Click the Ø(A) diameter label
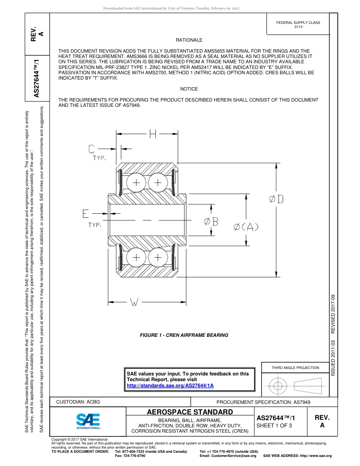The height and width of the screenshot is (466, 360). click(x=246, y=227)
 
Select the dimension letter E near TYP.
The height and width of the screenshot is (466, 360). click(x=86, y=214)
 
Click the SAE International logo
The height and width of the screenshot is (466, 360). click(x=88, y=421)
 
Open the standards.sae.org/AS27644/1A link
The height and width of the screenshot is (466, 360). click(x=170, y=385)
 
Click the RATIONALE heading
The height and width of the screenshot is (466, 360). click(x=189, y=40)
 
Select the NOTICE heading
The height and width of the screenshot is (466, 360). click(x=189, y=89)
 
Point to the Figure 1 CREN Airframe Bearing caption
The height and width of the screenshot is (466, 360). click(x=184, y=335)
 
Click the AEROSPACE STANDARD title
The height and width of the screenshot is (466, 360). click(x=190, y=412)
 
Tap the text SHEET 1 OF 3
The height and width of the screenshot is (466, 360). click(x=274, y=425)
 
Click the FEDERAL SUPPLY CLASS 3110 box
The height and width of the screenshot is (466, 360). click(x=298, y=25)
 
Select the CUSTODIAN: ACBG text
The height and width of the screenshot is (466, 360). click(x=78, y=402)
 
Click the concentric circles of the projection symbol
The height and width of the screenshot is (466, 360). click(x=278, y=386)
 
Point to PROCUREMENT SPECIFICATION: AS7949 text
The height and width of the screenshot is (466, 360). click(x=263, y=402)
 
